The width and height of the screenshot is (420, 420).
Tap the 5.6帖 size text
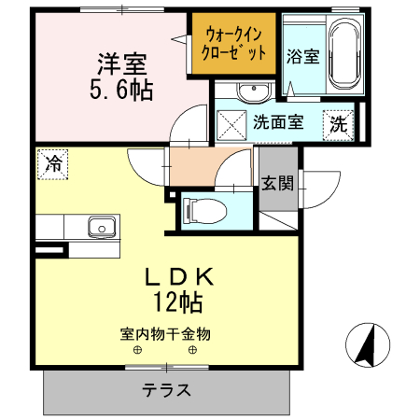(122, 91)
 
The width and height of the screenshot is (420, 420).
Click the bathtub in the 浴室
(341, 53)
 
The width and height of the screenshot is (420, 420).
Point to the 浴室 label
(302, 56)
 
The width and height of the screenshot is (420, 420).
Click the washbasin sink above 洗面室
(250, 91)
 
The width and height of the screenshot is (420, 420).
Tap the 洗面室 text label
(278, 122)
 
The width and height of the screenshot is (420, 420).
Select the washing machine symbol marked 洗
(338, 122)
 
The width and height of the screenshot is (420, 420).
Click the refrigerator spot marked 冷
(54, 164)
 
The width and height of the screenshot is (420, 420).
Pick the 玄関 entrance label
(277, 182)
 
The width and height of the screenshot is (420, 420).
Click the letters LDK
(180, 277)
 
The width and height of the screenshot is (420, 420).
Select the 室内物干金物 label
(165, 332)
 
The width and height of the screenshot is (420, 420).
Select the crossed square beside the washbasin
(230, 122)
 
